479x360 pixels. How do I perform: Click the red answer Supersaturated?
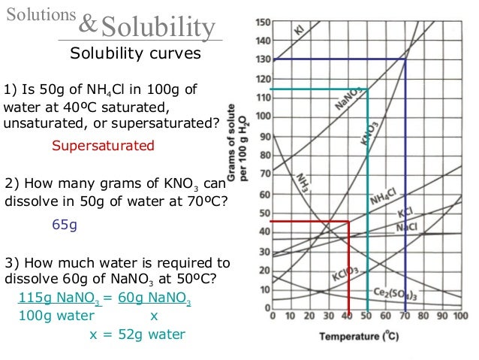point(103,145)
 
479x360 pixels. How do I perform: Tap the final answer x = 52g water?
point(137,334)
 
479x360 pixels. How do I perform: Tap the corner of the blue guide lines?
point(405,59)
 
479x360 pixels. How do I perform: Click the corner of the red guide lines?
point(348,222)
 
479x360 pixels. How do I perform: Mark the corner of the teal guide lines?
point(367,89)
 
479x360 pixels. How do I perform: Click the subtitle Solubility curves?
point(135,54)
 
